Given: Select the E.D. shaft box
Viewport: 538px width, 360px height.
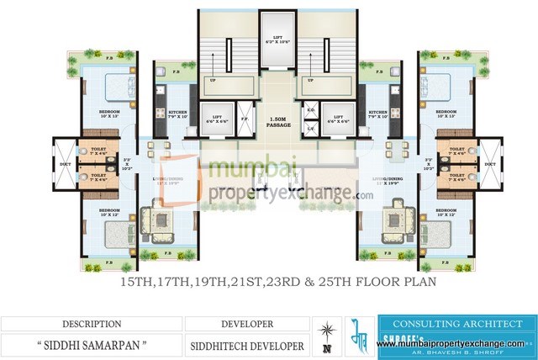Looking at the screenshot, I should pos(310,110).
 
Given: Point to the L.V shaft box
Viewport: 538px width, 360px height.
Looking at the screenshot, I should pos(310,128).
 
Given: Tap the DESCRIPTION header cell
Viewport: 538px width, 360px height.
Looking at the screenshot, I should pos(90,322).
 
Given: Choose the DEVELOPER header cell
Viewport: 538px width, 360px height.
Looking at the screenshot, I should pos(247,322).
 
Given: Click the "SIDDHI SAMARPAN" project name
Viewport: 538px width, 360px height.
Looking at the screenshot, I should pos(90,344).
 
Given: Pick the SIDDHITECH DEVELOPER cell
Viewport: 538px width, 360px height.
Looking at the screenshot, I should pos(247,344).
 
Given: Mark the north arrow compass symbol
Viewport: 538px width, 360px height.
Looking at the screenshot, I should pos(326,334).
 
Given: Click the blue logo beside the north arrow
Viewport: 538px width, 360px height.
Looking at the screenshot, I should pos(356,334).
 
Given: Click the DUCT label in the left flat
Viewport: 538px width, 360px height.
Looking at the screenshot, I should pos(64,165).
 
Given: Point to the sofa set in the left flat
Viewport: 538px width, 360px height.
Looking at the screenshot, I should pos(156,222).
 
